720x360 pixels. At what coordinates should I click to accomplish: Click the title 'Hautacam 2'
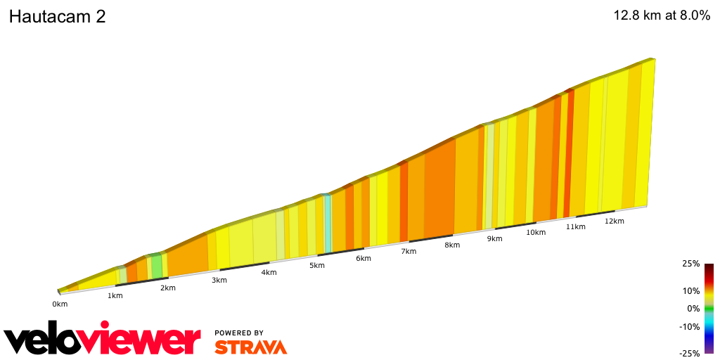click(x=57, y=17)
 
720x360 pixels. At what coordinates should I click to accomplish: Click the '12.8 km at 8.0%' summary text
click(x=662, y=16)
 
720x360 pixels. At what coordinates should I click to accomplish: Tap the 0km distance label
click(x=60, y=304)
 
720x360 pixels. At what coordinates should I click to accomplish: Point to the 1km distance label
click(x=115, y=295)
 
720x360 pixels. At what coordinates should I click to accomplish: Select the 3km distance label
click(x=219, y=280)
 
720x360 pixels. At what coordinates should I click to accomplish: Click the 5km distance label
click(x=317, y=265)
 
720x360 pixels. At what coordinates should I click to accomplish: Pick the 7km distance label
click(x=409, y=251)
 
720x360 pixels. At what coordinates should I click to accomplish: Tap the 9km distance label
click(x=495, y=238)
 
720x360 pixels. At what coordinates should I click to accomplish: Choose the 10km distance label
click(x=536, y=233)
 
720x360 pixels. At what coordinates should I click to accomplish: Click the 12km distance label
click(x=614, y=221)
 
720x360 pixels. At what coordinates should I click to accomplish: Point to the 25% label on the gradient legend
click(x=690, y=264)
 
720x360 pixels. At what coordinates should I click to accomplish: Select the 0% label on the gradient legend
click(x=693, y=308)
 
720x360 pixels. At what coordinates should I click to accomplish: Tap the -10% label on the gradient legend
click(x=690, y=326)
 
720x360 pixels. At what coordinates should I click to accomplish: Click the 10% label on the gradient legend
click(x=690, y=290)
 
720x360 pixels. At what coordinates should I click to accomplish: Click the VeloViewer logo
click(x=103, y=340)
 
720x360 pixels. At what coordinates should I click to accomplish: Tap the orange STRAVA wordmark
click(x=250, y=347)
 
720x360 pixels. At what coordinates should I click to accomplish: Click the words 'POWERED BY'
click(x=239, y=333)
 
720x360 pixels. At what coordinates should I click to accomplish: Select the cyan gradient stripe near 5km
click(x=328, y=223)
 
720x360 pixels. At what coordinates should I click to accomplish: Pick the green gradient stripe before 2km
click(x=156, y=265)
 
